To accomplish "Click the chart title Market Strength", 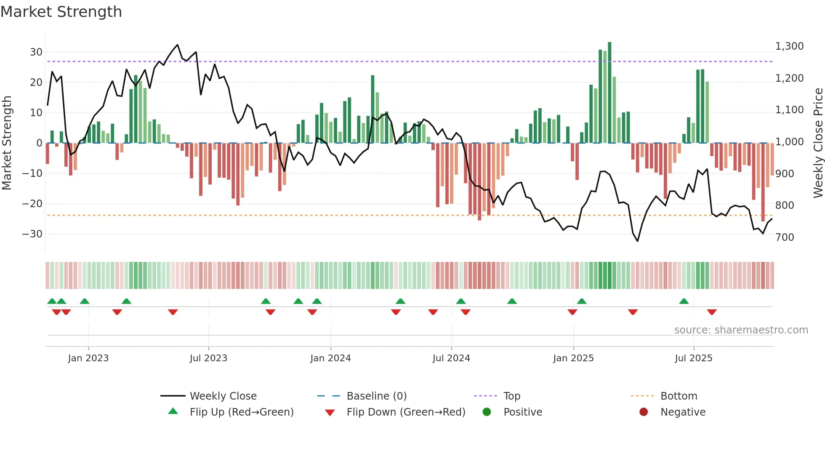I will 61,12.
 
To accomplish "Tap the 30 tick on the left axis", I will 36,52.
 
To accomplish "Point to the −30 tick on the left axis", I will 32,234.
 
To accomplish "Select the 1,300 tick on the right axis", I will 789,46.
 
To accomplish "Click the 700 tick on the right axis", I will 785,237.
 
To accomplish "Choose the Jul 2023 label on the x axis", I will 208,358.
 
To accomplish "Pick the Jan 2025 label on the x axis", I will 573,358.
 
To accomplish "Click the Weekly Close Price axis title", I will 818,143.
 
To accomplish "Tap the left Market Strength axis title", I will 7,143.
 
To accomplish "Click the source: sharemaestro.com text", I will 741,330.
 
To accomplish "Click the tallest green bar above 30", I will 609,93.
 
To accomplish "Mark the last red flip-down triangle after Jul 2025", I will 712,312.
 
